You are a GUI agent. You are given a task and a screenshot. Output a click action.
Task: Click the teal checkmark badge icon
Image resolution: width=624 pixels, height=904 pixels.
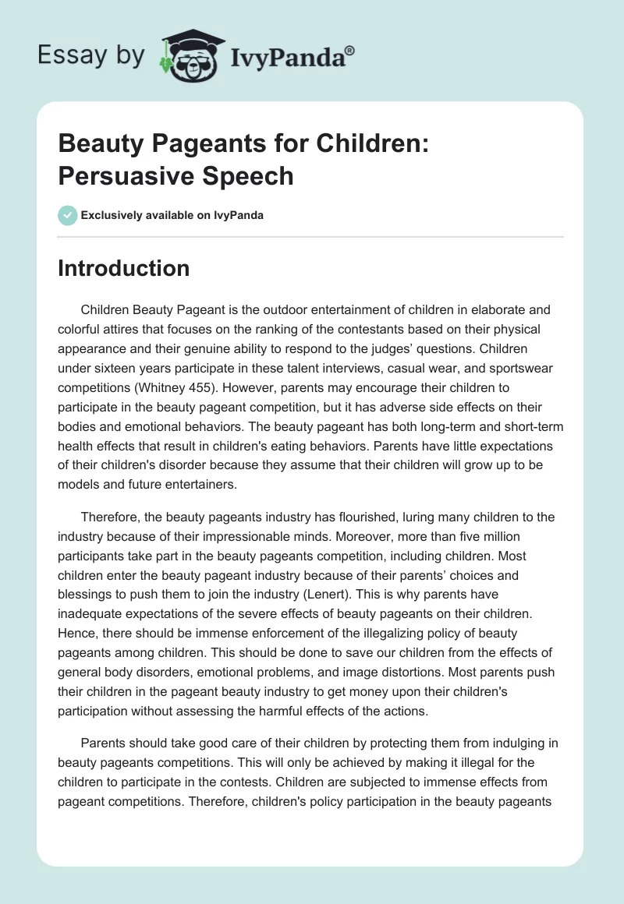click(67, 215)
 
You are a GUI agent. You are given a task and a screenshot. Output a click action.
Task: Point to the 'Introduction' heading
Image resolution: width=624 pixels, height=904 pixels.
click(124, 269)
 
